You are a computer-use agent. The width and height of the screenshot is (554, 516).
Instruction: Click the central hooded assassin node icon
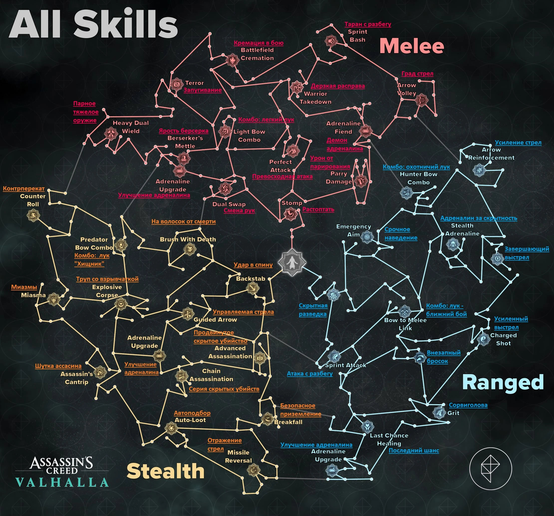click(292, 262)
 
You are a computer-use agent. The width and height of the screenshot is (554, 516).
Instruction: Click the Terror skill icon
click(176, 84)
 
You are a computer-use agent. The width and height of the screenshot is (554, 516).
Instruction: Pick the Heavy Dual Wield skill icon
click(111, 134)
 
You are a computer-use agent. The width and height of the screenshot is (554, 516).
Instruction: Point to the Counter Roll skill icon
click(33, 215)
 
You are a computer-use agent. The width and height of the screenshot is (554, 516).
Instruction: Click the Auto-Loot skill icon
click(171, 428)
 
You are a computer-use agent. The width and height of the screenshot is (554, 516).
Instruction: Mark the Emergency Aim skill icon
click(367, 237)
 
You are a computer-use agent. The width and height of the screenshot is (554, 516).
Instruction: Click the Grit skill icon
click(439, 412)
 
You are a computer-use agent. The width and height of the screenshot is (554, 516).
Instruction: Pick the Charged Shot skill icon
click(483, 339)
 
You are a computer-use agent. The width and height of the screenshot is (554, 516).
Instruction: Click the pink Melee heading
click(412, 46)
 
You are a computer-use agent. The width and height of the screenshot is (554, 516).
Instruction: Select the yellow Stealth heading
click(165, 471)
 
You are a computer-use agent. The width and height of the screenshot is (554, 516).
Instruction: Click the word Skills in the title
click(126, 24)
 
